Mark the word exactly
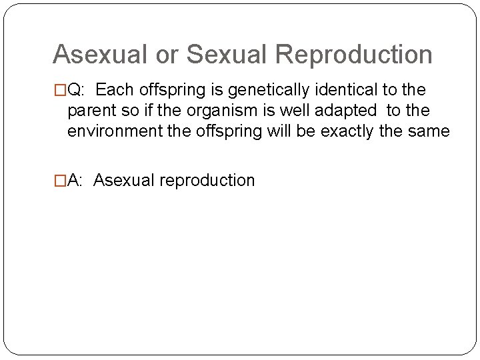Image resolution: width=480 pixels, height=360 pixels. tap(347, 131)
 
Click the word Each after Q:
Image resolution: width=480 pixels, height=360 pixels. tap(115, 89)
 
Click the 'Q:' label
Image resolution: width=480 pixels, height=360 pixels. tap(75, 90)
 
